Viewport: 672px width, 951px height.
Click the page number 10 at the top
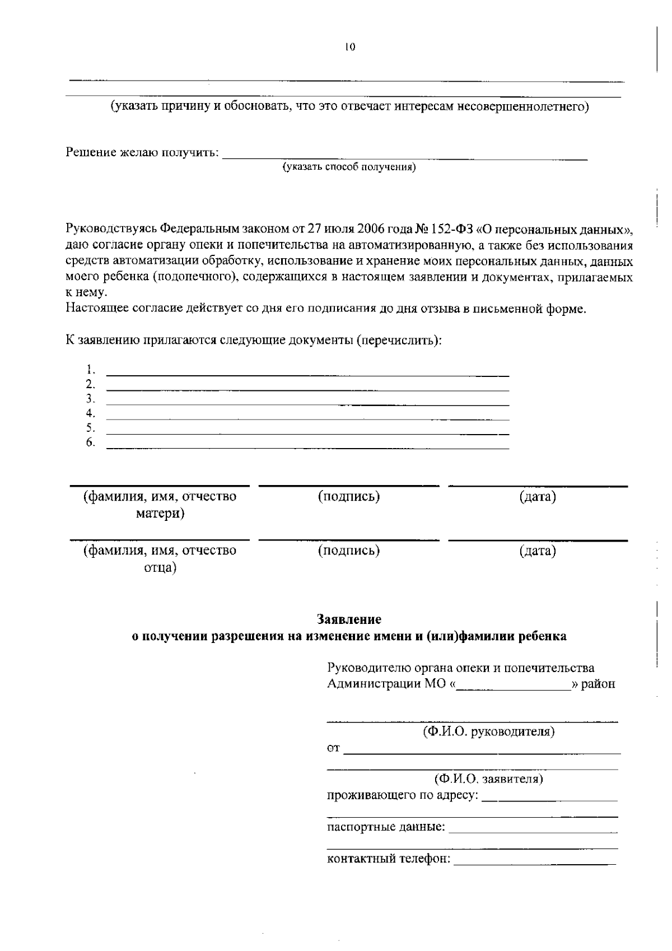350,47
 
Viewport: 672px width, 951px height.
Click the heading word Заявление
349,619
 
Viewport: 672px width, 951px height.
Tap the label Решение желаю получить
142,152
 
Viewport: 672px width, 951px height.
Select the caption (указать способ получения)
349,167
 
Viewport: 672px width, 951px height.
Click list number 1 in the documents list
90,369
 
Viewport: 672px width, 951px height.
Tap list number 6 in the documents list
90,442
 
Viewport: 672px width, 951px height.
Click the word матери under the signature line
160,513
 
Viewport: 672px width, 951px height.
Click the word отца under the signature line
160,567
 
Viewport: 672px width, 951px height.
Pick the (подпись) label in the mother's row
349,496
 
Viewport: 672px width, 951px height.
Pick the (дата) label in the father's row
537,551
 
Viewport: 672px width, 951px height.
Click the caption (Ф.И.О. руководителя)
488,731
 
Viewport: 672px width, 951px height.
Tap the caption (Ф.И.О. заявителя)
488,778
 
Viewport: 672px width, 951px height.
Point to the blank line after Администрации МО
513,688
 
